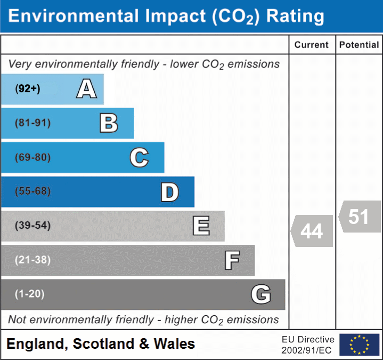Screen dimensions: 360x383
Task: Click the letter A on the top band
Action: pos(86,89)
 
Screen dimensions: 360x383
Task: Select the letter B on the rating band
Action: pos(109,123)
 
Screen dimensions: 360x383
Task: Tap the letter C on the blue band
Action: pos(139,158)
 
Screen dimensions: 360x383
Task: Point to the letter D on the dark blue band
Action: pos(169,192)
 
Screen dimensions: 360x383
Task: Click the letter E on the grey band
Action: pos(201,226)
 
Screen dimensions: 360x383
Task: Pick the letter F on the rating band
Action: pos(232,261)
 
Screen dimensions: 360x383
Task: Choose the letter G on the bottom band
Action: pos(261,294)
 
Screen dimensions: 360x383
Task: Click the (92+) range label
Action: pos(28,89)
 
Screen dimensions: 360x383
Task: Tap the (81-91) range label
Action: pos(33,123)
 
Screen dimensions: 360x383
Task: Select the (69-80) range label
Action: pos(33,158)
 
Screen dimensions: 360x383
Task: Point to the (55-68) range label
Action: pos(33,191)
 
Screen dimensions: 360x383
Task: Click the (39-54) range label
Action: pos(33,226)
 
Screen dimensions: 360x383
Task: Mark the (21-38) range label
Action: pos(33,260)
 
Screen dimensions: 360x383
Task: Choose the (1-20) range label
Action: pos(30,294)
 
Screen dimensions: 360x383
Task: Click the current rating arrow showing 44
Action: pos(312,231)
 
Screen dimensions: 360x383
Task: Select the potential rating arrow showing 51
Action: pos(359,217)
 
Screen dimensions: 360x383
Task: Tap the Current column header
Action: pos(312,45)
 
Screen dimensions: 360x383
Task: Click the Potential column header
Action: pos(359,45)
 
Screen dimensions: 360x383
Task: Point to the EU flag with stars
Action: pos(359,345)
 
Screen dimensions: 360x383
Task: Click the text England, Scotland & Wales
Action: pos(101,344)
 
